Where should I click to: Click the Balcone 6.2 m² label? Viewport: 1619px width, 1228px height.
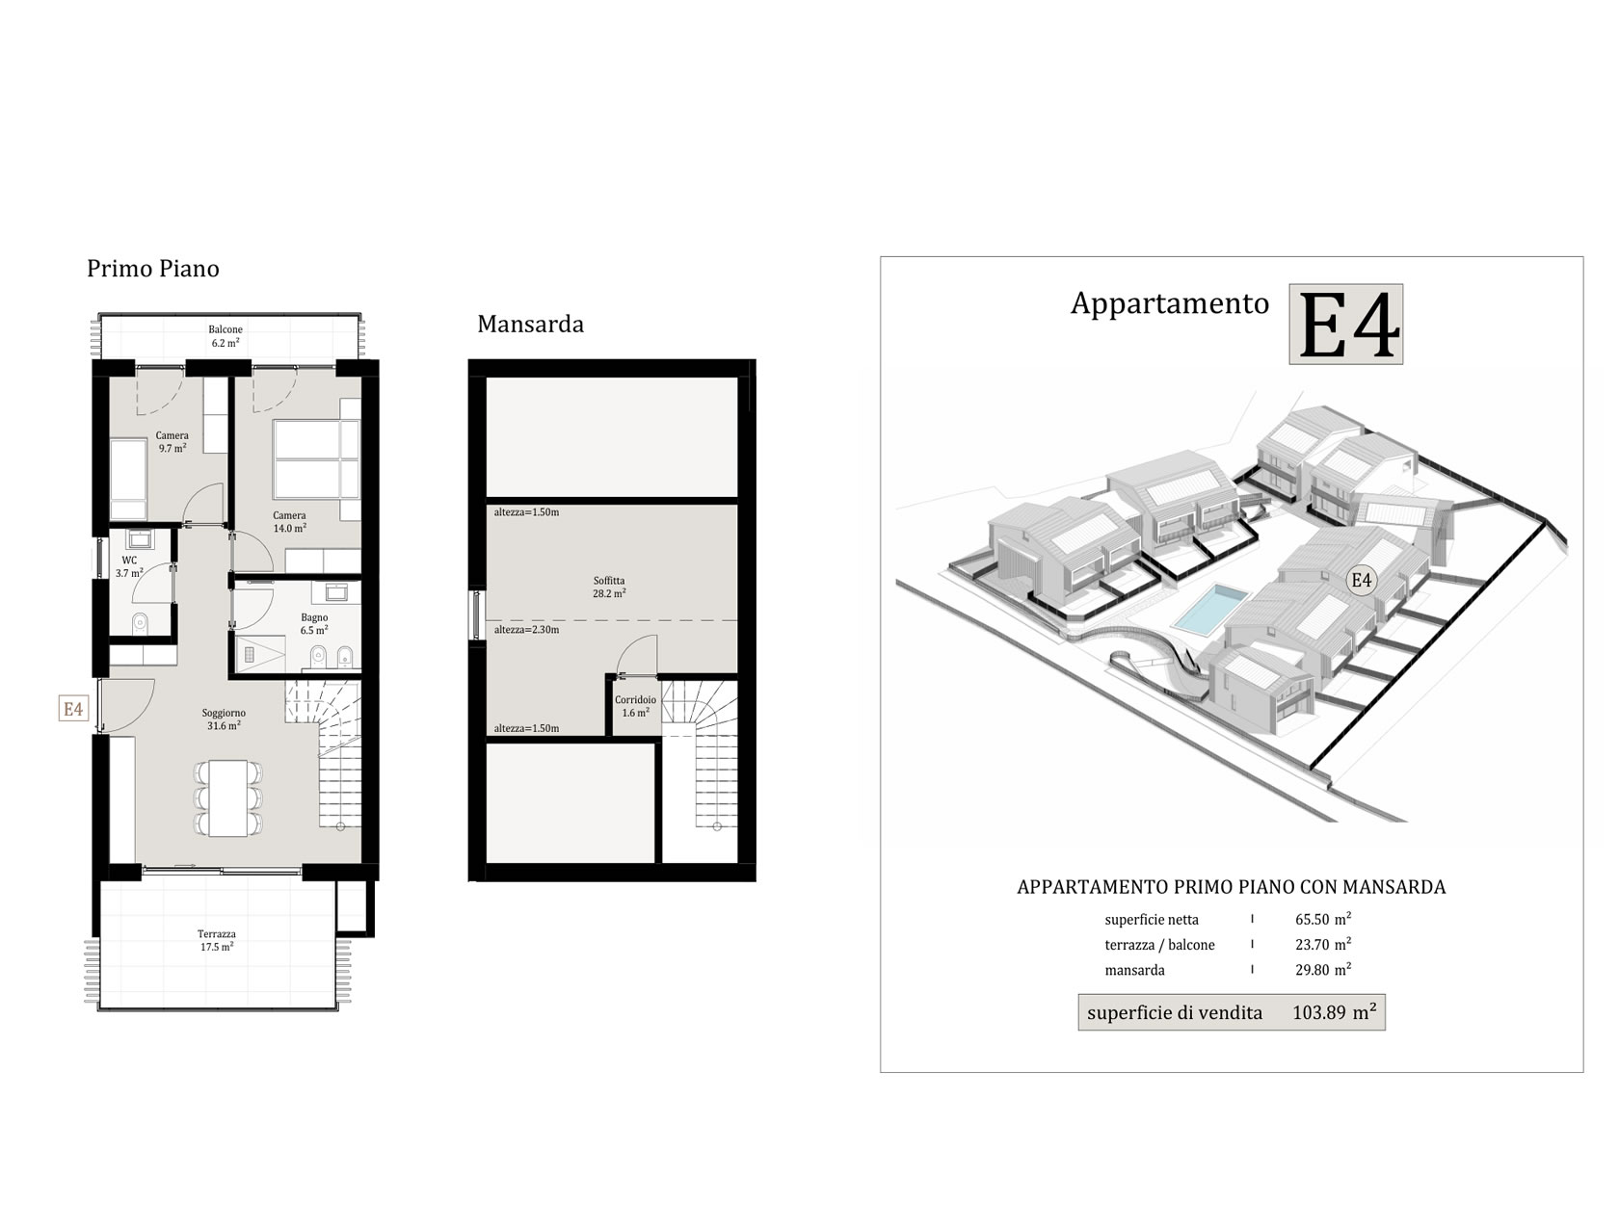point(225,335)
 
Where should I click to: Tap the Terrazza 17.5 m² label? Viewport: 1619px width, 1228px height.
point(216,940)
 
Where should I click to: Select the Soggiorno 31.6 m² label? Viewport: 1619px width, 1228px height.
point(224,719)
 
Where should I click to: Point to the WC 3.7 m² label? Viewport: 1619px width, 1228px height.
point(129,566)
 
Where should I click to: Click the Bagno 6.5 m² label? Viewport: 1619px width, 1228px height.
point(314,623)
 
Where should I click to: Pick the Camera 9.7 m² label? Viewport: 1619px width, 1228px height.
point(172,441)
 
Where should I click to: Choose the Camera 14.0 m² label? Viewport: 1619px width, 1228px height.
point(289,522)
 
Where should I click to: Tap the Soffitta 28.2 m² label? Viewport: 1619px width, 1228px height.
point(609,587)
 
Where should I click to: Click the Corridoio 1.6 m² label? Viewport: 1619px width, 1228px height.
point(635,706)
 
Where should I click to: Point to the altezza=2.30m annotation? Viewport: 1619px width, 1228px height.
point(526,630)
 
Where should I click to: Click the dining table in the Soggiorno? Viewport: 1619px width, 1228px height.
point(228,797)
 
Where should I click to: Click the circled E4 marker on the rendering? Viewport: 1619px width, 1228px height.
point(1361,580)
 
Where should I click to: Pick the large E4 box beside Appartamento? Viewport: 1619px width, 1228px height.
point(1345,324)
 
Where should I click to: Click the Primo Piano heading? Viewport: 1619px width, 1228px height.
point(152,269)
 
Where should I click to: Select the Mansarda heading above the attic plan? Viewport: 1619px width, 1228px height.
point(530,324)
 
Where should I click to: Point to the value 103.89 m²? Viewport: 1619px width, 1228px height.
point(1335,1012)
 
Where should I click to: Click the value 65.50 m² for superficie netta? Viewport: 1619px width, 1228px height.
point(1323,919)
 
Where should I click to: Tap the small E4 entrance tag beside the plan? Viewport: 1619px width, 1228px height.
point(73,708)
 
